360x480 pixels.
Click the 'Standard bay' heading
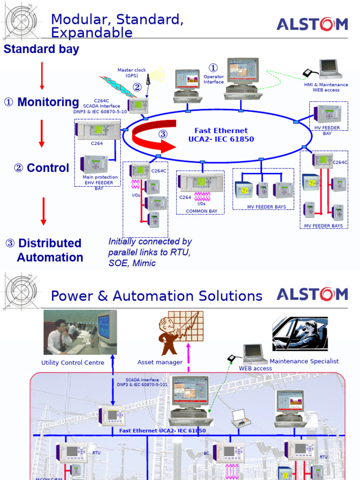pos(41,49)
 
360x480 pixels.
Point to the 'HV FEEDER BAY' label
pos(327,130)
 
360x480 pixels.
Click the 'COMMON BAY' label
pos(202,211)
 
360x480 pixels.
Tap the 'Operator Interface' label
pos(213,79)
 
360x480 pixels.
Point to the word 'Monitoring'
pos(48,102)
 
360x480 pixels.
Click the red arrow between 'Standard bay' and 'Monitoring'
pos(42,75)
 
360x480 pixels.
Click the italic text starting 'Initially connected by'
pos(150,252)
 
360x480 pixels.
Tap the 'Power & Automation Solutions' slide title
pos(157,296)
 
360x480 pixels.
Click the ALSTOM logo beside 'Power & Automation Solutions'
pos(312,294)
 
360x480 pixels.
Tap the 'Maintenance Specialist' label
pos(304,361)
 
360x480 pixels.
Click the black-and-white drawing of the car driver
pos(300,333)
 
